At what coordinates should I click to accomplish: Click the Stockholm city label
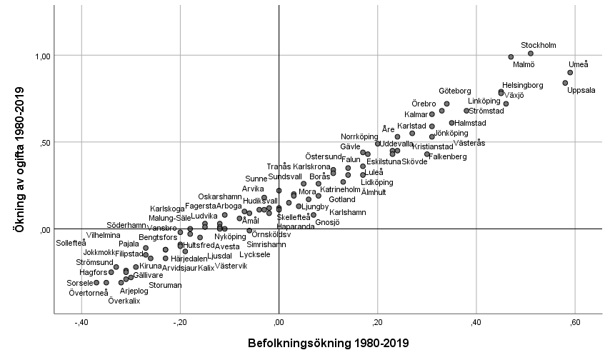click(x=538, y=45)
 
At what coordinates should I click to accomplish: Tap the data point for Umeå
click(x=570, y=72)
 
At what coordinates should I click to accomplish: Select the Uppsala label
click(x=581, y=90)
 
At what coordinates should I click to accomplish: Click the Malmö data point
click(x=511, y=56)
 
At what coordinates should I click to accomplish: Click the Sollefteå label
click(x=71, y=243)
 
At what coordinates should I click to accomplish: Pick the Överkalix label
click(x=124, y=301)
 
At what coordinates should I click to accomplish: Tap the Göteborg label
click(x=454, y=91)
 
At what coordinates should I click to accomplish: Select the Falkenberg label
click(x=447, y=156)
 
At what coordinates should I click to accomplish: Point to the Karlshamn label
click(x=347, y=212)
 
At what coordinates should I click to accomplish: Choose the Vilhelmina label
click(x=104, y=234)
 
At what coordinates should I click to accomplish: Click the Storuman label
click(x=165, y=285)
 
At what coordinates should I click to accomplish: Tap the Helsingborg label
click(x=523, y=85)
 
